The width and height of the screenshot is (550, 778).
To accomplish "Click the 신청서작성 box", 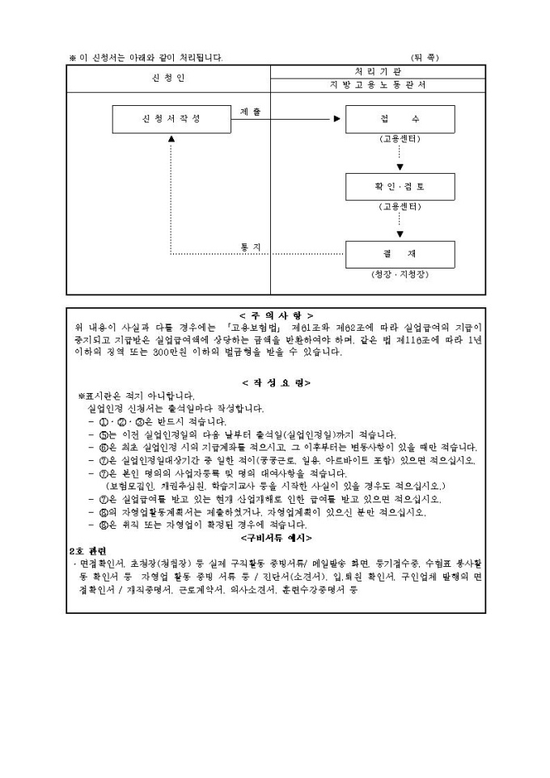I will click(169, 119).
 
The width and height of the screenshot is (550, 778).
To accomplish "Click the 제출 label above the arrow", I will click(251, 110).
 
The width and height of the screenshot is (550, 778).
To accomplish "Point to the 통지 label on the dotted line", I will click(251, 246).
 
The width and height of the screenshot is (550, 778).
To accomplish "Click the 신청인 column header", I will click(168, 78).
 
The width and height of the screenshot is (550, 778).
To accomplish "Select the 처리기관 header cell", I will click(378, 71).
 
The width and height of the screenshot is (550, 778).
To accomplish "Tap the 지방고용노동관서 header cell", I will click(378, 84).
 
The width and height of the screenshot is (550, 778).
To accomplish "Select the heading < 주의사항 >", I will click(276, 315).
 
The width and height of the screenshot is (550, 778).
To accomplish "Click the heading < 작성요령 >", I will click(276, 383).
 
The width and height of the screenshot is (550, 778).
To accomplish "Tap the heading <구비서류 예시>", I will click(276, 537).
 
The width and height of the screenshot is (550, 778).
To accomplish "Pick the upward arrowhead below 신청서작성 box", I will click(171, 138).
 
